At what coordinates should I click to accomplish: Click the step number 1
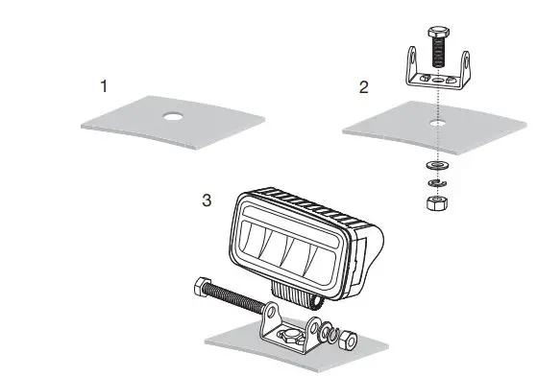[x=105, y=85]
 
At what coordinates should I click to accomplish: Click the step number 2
[x=363, y=87]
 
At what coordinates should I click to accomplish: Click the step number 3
[x=206, y=200]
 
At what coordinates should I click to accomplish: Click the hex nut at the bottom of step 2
[x=435, y=200]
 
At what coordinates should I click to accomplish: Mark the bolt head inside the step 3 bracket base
[x=288, y=336]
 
